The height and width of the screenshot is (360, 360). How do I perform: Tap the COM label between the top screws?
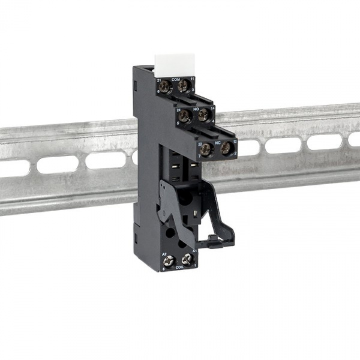(176, 79)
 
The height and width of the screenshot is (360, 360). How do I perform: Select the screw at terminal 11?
(184, 87)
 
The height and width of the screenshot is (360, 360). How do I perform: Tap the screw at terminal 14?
(203, 114)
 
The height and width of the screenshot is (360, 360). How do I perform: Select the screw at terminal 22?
(206, 149)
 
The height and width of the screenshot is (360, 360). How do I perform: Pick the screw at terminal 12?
(226, 148)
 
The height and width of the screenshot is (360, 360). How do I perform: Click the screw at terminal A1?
(187, 259)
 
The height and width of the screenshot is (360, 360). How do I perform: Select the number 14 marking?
(212, 106)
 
